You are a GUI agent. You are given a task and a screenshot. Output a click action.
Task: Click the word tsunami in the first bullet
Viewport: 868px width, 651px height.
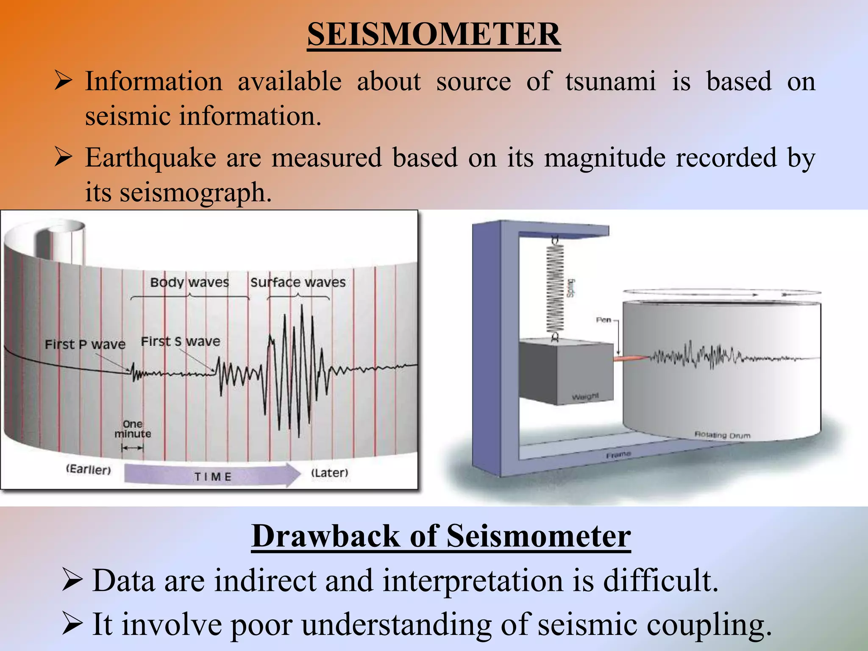610,81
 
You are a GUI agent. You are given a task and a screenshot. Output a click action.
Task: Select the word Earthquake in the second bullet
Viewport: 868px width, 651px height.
150,158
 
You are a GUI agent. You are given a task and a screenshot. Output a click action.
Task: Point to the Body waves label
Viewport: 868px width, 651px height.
189,282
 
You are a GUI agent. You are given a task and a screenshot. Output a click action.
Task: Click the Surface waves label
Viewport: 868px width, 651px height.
298,282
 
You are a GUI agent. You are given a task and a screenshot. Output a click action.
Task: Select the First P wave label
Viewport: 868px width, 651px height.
85,344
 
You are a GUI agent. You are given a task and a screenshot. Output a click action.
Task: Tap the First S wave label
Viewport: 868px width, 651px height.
181,341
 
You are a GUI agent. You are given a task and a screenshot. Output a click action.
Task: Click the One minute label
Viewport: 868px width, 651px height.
133,429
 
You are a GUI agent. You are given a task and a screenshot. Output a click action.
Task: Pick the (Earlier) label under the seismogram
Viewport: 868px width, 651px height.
89,469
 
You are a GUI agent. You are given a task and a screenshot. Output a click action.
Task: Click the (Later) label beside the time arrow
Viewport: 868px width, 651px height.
330,473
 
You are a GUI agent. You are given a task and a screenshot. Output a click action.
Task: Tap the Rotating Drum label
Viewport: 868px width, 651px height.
722,435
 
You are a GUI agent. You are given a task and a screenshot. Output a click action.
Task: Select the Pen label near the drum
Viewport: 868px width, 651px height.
604,320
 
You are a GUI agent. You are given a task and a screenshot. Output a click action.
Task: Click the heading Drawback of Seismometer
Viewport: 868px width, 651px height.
441,537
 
